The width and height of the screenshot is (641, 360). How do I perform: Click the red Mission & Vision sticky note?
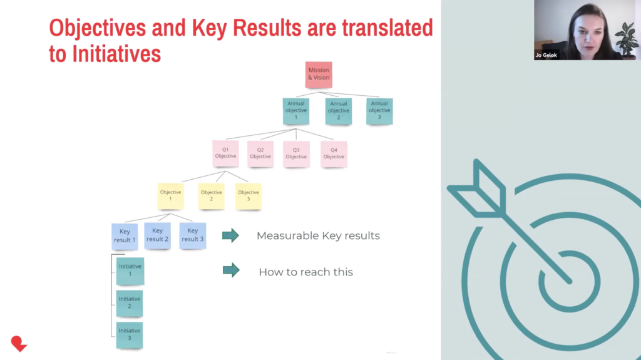pyautogui.click(x=319, y=75)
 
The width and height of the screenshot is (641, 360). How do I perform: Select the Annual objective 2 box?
pyautogui.click(x=339, y=111)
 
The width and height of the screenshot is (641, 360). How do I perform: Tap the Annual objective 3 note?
pyautogui.click(x=379, y=111)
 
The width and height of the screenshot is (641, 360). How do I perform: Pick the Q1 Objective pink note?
pyautogui.click(x=225, y=153)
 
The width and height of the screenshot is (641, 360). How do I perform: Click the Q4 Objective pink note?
pyautogui.click(x=334, y=154)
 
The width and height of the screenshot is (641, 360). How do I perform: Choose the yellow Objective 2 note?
pyautogui.click(x=212, y=196)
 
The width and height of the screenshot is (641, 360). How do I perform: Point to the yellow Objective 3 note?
pyautogui.click(x=248, y=196)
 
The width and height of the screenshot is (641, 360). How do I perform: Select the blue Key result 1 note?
pyautogui.click(x=125, y=236)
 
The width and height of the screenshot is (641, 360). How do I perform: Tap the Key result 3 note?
pyautogui.click(x=193, y=235)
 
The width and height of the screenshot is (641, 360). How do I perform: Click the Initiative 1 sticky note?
pyautogui.click(x=130, y=271)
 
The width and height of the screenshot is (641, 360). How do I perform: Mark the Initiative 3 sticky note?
pyautogui.click(x=130, y=335)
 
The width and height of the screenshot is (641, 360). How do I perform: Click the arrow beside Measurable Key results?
pyautogui.click(x=230, y=235)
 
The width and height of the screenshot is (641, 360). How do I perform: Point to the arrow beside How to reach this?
pyautogui.click(x=231, y=270)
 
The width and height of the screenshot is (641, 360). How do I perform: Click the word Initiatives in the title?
pyautogui.click(x=116, y=54)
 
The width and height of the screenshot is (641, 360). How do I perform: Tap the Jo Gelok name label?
pyautogui.click(x=546, y=55)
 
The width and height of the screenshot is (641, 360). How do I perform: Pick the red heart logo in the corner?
pyautogui.click(x=19, y=344)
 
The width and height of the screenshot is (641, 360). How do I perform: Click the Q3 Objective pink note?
pyautogui.click(x=296, y=154)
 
